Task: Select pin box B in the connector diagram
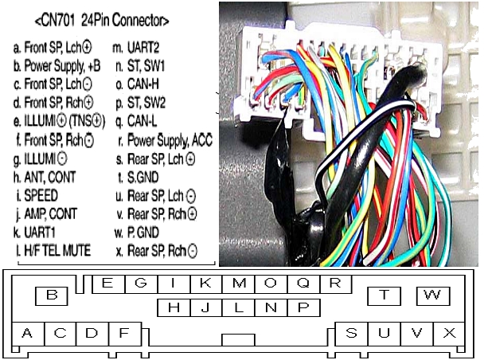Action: coord(53,295)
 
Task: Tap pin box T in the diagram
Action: coord(385,295)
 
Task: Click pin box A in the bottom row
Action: coord(28,333)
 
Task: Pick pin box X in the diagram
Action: coord(449,333)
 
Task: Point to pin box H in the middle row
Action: coord(173,307)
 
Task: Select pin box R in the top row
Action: coord(335,283)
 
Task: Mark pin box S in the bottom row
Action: coord(351,333)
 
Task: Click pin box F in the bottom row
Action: coord(123,333)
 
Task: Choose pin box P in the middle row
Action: coord(303,307)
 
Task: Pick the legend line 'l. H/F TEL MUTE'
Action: coord(53,250)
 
